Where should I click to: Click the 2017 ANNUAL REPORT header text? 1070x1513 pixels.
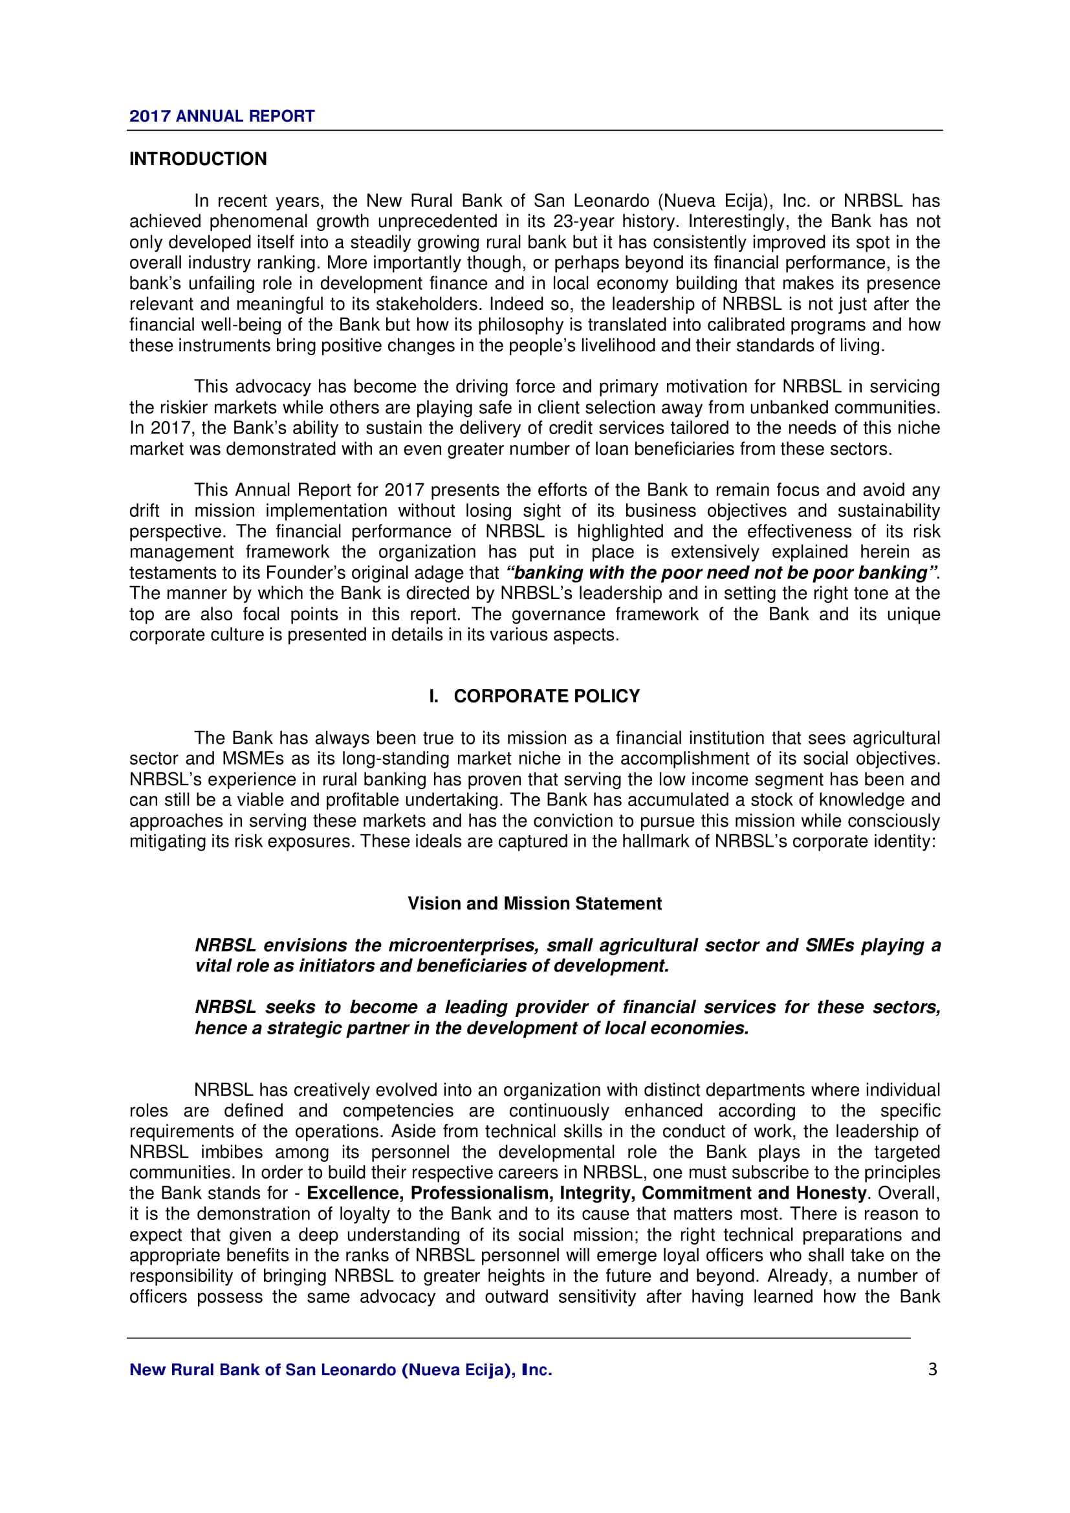click(221, 116)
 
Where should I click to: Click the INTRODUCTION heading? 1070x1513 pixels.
click(198, 159)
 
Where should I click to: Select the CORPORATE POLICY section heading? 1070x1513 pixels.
click(546, 697)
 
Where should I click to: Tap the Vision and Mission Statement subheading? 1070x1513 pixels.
click(534, 904)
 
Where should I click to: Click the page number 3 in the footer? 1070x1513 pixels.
click(932, 1369)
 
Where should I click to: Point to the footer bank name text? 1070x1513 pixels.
click(341, 1370)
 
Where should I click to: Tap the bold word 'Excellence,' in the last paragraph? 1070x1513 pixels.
click(356, 1193)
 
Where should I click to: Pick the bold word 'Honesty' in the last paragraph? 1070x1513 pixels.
click(831, 1193)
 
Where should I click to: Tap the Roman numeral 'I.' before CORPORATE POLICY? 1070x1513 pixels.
click(433, 697)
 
